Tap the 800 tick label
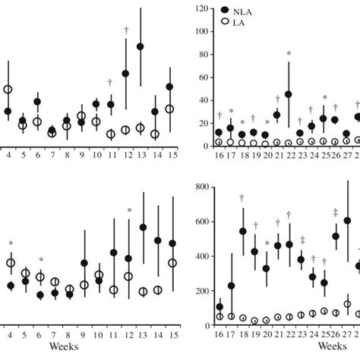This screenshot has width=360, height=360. click(x=201, y=185)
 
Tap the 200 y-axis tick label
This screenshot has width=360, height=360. click(x=201, y=291)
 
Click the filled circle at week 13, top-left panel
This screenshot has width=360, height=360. click(x=141, y=47)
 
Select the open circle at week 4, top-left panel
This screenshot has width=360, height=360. click(x=8, y=90)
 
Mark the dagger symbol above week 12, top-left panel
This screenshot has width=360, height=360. click(x=126, y=30)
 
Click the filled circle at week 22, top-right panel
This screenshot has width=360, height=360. click(x=289, y=95)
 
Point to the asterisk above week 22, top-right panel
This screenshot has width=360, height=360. click(x=289, y=54)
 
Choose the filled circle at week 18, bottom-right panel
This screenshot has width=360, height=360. click(x=242, y=232)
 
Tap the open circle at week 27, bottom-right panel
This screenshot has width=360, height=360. click(x=347, y=305)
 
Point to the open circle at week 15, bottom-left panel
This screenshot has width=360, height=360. click(x=172, y=264)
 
